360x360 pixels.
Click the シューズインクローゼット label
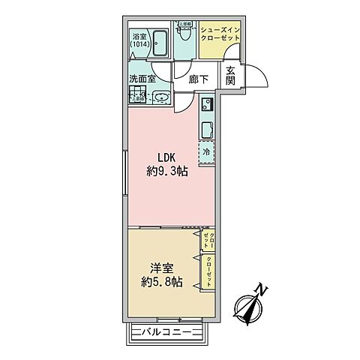pos(220,34)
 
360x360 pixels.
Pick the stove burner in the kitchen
pos(208,104)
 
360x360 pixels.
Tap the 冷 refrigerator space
pos(208,151)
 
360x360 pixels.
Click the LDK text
pos(166,157)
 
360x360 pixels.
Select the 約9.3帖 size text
pos(166,171)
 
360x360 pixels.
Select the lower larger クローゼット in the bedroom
pos(209,271)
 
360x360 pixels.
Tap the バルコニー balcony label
pos(166,331)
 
